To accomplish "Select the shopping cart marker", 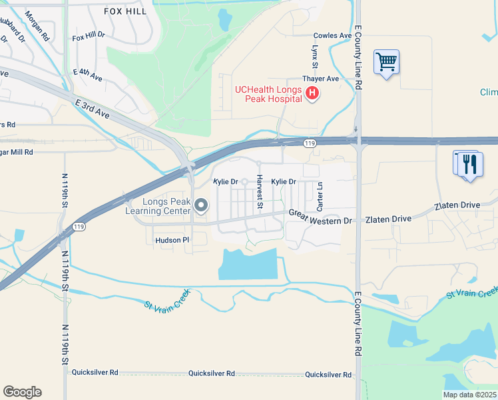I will (x=386, y=63).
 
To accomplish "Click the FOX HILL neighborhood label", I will (x=125, y=11).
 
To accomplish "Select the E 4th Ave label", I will (x=88, y=75).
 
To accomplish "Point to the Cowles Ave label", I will (x=332, y=35).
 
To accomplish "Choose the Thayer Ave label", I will (x=321, y=79).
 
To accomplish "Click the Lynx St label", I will (x=313, y=57).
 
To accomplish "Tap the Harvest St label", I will (x=260, y=193).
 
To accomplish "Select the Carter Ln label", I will (x=320, y=195).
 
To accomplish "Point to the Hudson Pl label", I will (x=172, y=239).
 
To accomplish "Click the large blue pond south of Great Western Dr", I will (x=247, y=264).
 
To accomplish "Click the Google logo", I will (x=22, y=392).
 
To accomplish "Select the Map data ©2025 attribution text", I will (x=469, y=395).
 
